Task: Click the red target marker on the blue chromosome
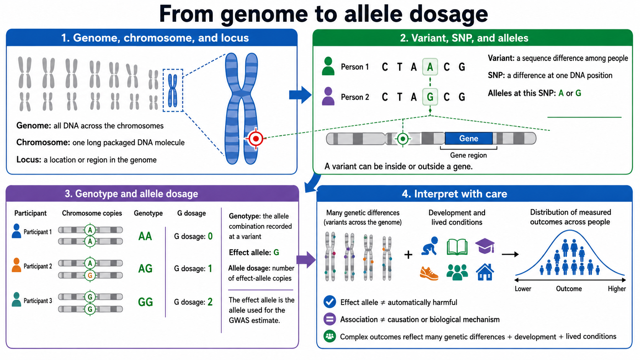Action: pyautogui.click(x=256, y=138)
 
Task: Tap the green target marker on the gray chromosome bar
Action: pyautogui.click(x=403, y=139)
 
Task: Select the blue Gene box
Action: pyautogui.click(x=469, y=138)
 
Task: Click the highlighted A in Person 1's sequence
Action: pyautogui.click(x=430, y=67)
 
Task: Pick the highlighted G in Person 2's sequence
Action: pyautogui.click(x=430, y=97)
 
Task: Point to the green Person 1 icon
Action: pyautogui.click(x=328, y=66)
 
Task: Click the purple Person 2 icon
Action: pyautogui.click(x=328, y=96)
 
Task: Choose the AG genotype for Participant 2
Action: pyautogui.click(x=145, y=269)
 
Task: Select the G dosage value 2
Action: pyautogui.click(x=210, y=302)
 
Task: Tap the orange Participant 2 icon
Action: pyautogui.click(x=16, y=265)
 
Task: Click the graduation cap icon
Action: pyautogui.click(x=485, y=246)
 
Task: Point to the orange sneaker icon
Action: pyautogui.click(x=429, y=273)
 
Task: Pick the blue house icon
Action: pyautogui.click(x=485, y=272)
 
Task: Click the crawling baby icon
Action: pyautogui.click(x=430, y=246)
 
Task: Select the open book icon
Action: pyautogui.click(x=457, y=247)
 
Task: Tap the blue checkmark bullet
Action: pyautogui.click(x=330, y=302)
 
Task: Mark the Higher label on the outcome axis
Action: pyautogui.click(x=617, y=289)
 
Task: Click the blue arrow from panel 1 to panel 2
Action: pyautogui.click(x=300, y=95)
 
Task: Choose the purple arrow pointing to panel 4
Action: pyautogui.click(x=306, y=260)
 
